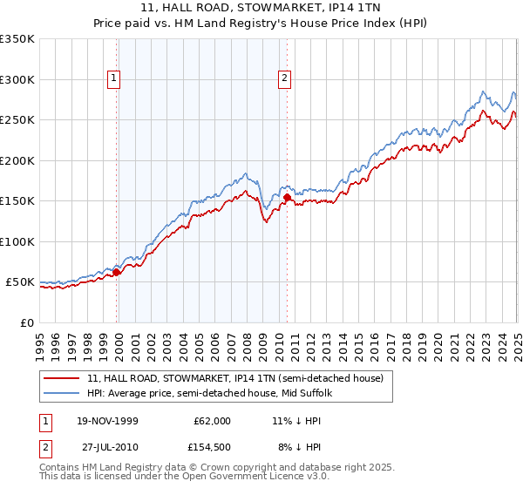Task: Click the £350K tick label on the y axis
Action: pyautogui.click(x=17, y=39)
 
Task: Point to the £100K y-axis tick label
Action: pyautogui.click(x=17, y=241)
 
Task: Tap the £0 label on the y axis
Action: pyautogui.click(x=27, y=322)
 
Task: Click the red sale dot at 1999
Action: pyautogui.click(x=117, y=272)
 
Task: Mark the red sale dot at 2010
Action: pyautogui.click(x=287, y=198)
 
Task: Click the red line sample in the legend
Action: pyautogui.click(x=63, y=377)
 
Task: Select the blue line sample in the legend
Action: pyautogui.click(x=63, y=393)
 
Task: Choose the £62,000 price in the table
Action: pyautogui.click(x=211, y=420)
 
